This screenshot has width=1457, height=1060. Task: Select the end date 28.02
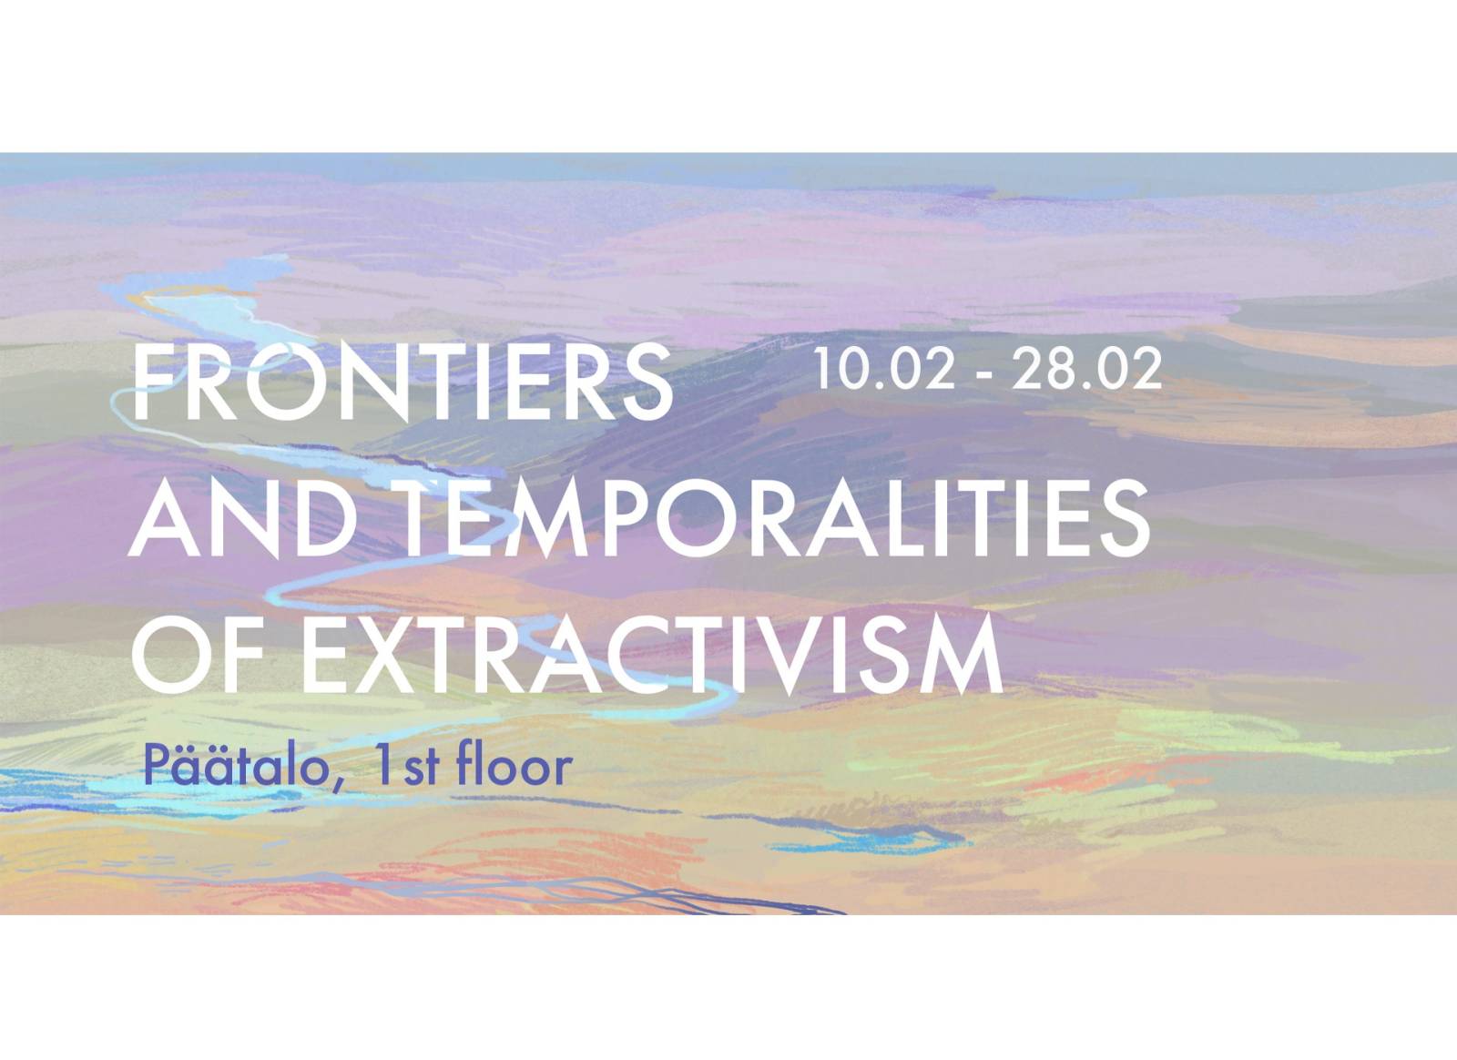[1085, 370]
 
